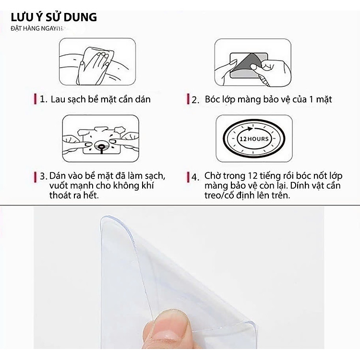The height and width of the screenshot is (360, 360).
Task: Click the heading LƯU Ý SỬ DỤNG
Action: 54,18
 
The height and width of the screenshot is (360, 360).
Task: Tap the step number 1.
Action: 43,100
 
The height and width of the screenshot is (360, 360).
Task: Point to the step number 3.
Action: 43,176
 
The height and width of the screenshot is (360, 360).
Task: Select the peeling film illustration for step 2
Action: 252,61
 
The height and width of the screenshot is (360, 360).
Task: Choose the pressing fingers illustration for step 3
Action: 100,138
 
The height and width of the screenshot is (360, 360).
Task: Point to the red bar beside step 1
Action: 36,100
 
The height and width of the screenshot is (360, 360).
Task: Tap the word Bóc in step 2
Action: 212,99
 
